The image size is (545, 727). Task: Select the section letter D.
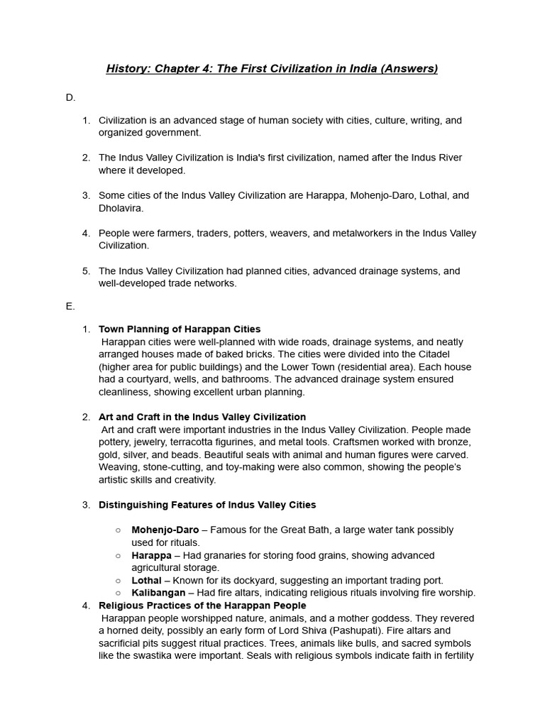pyautogui.click(x=70, y=97)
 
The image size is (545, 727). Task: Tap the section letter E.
pyautogui.click(x=70, y=306)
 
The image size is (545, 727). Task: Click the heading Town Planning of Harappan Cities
pyautogui.click(x=180, y=329)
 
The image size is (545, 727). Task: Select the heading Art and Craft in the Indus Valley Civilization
pyautogui.click(x=202, y=417)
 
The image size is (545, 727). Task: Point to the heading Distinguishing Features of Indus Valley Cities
pyautogui.click(x=207, y=505)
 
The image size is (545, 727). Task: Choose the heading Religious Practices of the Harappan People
pyautogui.click(x=202, y=606)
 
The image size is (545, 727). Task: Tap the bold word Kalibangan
pyautogui.click(x=158, y=593)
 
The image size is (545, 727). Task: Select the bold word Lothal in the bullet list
pyautogui.click(x=147, y=581)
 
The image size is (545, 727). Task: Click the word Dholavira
pyautogui.click(x=121, y=208)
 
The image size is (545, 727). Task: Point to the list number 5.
pyautogui.click(x=86, y=271)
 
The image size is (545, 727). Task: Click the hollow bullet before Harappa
pyautogui.click(x=119, y=555)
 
